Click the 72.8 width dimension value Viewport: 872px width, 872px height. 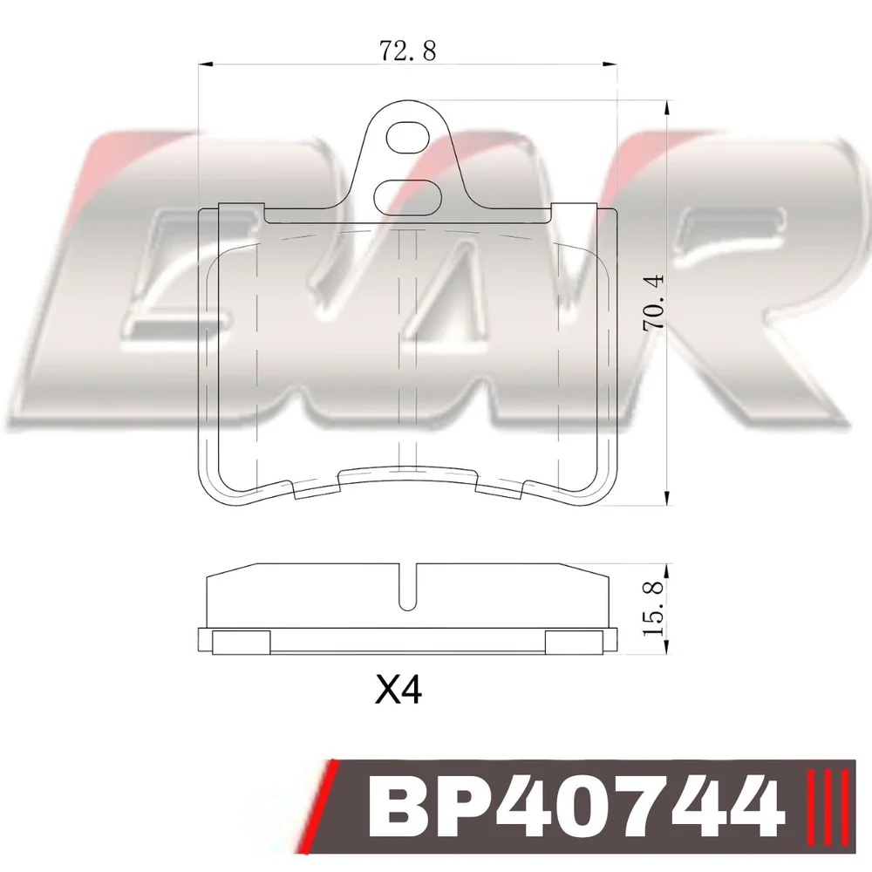coord(407,51)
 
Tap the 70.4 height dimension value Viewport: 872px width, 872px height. coord(653,302)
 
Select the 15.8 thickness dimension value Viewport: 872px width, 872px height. coord(653,609)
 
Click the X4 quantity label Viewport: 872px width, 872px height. coord(399,690)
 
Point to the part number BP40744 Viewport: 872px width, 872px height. coord(575,807)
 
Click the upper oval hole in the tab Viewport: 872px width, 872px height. coord(407,138)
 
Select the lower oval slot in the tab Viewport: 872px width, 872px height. coord(407,196)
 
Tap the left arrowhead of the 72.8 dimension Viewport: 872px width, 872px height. coord(206,65)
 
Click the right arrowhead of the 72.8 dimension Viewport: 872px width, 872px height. coord(610,65)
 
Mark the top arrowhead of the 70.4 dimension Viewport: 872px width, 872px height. coord(666,108)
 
